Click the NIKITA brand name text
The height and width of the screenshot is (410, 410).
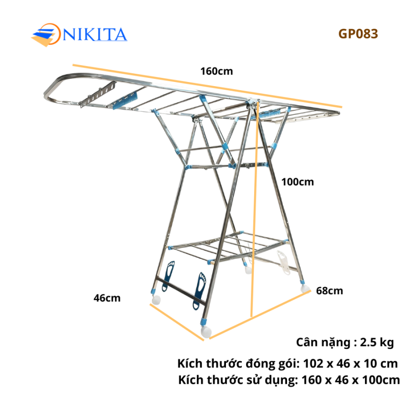95,35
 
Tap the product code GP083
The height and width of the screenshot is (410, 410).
358,34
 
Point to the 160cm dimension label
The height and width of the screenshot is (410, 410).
216,71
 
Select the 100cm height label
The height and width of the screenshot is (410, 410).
298,182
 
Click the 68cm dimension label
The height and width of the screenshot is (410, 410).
330,291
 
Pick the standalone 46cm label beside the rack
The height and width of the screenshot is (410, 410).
107,298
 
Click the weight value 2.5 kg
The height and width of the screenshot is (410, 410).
377,342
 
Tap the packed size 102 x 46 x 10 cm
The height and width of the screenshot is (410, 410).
351,364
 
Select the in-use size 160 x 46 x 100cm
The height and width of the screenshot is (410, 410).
351,380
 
